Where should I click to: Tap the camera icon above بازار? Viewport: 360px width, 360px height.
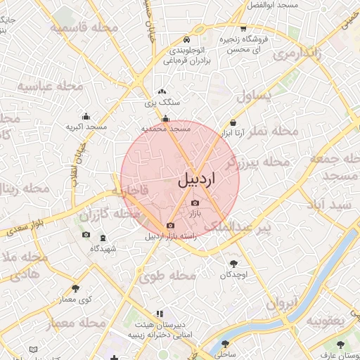pos(195,203)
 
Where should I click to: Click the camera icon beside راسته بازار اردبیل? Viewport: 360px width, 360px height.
pos(170,226)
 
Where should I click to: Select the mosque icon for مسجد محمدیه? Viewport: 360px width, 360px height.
pos(165,119)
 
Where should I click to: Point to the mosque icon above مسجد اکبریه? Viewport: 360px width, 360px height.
pos(86,117)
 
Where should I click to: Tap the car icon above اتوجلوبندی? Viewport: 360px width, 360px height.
pos(186,39)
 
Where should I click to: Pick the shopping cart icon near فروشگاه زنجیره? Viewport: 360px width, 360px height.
pos(243,29)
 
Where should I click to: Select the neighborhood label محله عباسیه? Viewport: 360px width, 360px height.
pos(51,86)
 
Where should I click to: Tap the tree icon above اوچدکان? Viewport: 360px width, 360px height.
pos(233,264)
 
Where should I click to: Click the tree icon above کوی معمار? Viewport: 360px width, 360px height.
pos(75,288)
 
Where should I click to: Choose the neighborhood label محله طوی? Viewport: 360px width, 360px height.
pos(167,276)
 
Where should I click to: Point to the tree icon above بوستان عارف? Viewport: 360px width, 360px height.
pos(340,345)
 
